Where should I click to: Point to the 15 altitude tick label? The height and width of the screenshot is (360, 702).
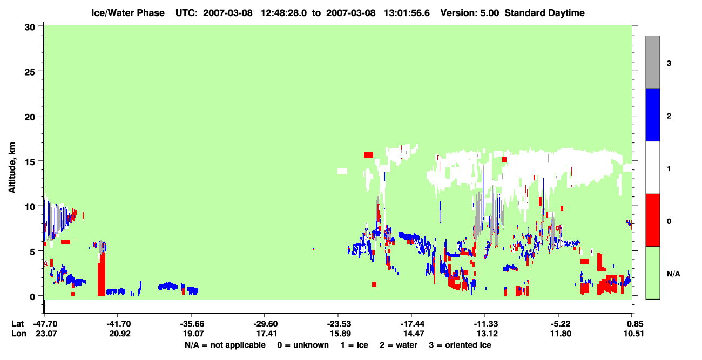point(30,162)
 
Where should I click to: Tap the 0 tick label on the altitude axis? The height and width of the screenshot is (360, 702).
point(32,297)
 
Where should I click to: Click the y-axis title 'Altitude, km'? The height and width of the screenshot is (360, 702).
point(12,168)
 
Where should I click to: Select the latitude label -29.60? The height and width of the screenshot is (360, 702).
point(265,324)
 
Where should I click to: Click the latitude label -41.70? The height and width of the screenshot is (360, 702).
point(118,324)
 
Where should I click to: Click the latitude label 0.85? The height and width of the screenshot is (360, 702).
point(633,324)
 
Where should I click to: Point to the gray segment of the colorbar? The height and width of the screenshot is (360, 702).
point(653,62)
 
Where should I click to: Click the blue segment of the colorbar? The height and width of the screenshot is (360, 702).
point(653,114)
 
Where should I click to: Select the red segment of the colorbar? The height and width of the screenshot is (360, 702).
point(653,220)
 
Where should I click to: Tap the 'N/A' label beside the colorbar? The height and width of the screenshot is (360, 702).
point(673,274)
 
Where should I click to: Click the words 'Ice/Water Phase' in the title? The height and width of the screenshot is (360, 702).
point(128,13)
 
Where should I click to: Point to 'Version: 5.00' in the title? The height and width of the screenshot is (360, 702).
point(470,13)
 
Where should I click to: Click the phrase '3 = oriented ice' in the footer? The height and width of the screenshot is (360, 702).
point(460,345)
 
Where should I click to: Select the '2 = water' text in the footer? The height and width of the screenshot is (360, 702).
point(399,345)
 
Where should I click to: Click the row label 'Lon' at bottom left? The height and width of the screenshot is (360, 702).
point(19,334)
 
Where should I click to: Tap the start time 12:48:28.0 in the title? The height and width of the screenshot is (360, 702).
point(283,13)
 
